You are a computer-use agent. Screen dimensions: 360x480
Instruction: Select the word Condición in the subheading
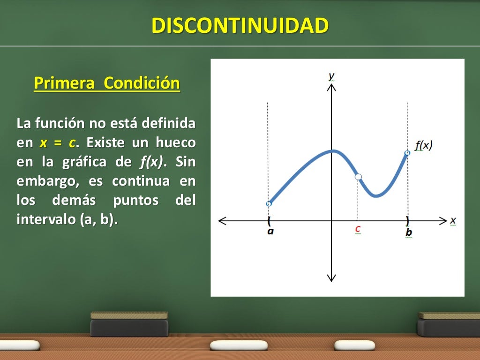click(142, 83)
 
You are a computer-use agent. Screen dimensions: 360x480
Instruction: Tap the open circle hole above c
click(358, 177)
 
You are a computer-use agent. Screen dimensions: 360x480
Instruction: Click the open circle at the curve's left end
click(269, 204)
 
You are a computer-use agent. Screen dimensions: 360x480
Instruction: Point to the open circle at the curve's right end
click(407, 153)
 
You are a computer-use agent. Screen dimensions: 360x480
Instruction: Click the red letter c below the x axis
click(358, 229)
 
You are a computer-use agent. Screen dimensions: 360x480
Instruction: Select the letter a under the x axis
click(270, 231)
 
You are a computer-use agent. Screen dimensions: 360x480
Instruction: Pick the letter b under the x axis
click(408, 232)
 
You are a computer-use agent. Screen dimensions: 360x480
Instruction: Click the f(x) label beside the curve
click(424, 145)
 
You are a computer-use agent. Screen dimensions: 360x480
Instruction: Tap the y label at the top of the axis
click(331, 75)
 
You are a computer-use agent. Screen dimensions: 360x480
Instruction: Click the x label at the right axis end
click(453, 220)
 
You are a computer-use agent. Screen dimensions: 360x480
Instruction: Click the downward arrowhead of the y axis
click(331, 277)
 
